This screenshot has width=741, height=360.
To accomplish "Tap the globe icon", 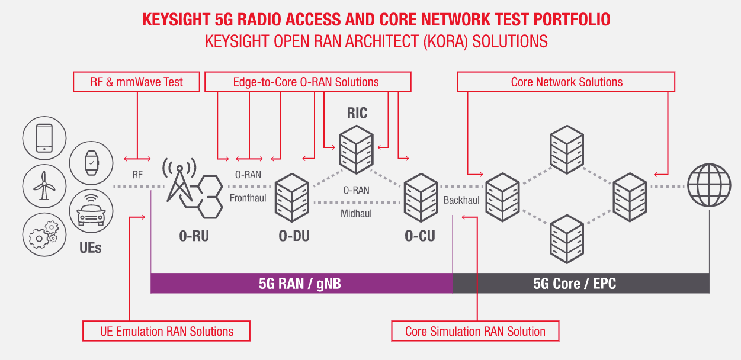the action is pyautogui.click(x=709, y=185).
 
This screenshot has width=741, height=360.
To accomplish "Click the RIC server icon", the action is pyautogui.click(x=357, y=149).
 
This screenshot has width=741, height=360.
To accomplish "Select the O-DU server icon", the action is pyautogui.click(x=292, y=198).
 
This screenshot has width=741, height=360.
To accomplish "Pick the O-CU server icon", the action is pyautogui.click(x=421, y=198).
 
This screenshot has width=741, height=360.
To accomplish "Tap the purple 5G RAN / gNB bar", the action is pyautogui.click(x=301, y=283).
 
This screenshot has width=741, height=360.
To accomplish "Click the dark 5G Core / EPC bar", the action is pyautogui.click(x=581, y=283).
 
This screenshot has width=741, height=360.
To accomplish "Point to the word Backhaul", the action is pyautogui.click(x=461, y=200).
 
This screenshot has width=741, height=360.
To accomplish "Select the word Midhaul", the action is pyautogui.click(x=356, y=214).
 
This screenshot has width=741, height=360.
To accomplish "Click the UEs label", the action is pyautogui.click(x=90, y=248).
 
